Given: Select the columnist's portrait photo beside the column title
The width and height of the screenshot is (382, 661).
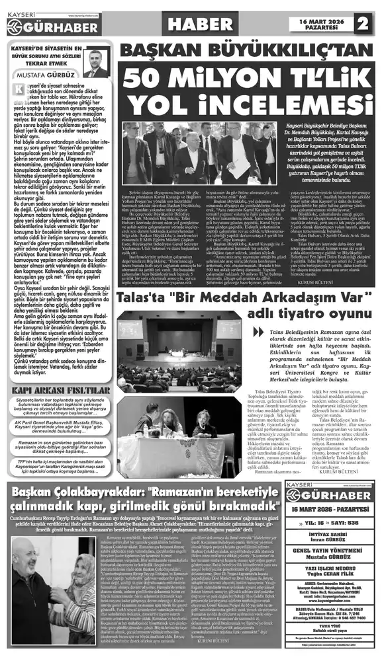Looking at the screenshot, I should click(x=96, y=63).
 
